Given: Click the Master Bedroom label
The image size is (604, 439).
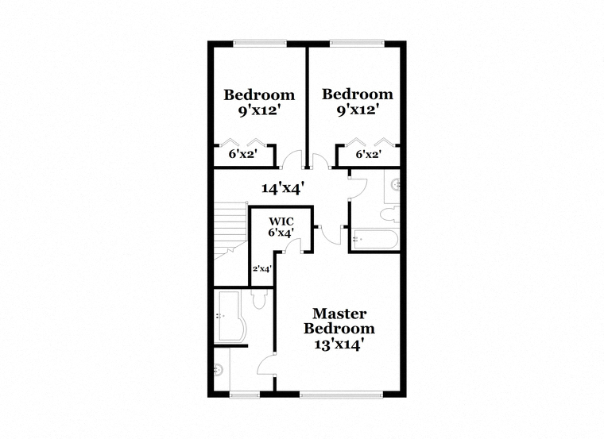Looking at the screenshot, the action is [x=339, y=321].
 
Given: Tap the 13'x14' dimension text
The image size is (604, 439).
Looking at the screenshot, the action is [x=339, y=345].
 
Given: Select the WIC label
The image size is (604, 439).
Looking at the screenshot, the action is [x=281, y=221].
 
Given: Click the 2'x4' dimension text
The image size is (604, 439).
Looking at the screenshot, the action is [x=262, y=268].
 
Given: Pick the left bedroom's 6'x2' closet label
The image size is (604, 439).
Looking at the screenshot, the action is [x=243, y=154].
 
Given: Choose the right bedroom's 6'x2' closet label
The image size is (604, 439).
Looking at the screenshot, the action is [x=369, y=154].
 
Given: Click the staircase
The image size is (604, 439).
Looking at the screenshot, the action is [x=230, y=230].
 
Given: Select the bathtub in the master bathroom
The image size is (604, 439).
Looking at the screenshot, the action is [x=230, y=316].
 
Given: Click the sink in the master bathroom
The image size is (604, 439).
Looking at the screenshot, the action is [x=219, y=370].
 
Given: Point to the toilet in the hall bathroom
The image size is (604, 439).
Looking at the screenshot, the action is [x=390, y=214].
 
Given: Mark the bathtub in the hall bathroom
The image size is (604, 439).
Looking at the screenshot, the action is [x=375, y=239].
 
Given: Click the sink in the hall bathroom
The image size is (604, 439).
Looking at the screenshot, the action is [x=396, y=185].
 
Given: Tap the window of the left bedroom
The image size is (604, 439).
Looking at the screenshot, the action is [x=260, y=44].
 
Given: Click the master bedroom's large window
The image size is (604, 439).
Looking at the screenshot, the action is [x=341, y=395].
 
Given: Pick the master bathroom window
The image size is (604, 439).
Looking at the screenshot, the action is [x=245, y=395].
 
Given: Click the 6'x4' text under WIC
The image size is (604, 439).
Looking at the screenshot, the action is [x=281, y=232].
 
